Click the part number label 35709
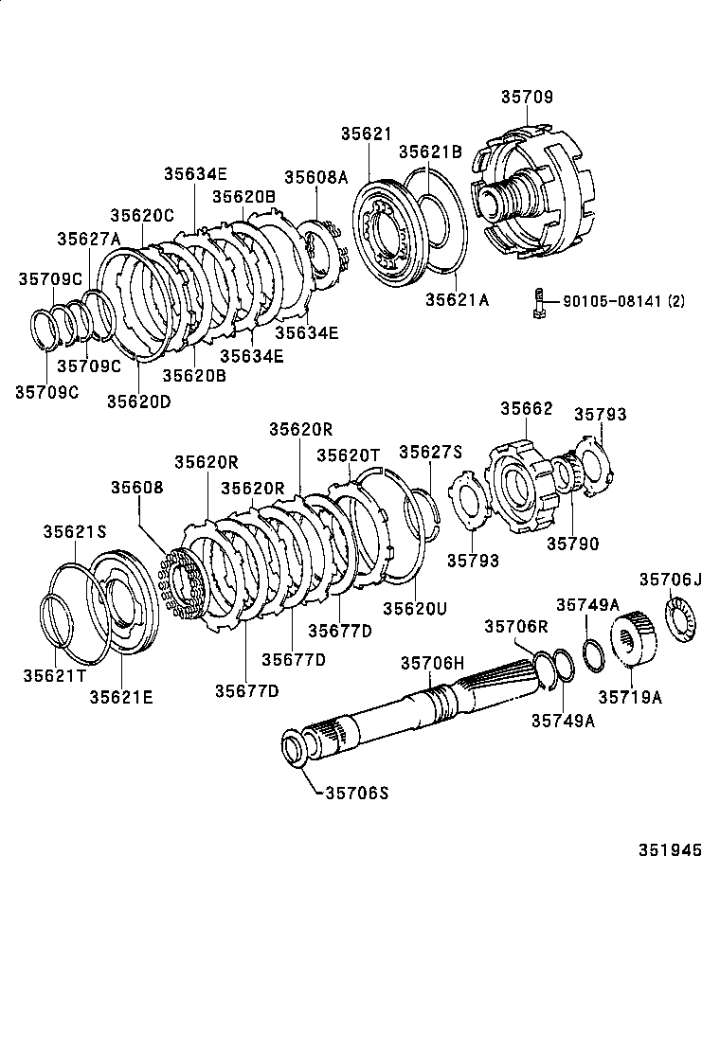tap(527, 98)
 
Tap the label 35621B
tap(429, 152)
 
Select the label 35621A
tap(457, 300)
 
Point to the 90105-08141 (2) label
tap(623, 301)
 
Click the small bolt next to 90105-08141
tap(537, 303)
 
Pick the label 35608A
tap(316, 177)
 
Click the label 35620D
tap(138, 401)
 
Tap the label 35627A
tap(89, 239)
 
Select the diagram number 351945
tap(662, 850)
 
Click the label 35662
tap(526, 408)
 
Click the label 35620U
tap(414, 607)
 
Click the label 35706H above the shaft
tap(432, 663)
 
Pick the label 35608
tap(136, 488)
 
